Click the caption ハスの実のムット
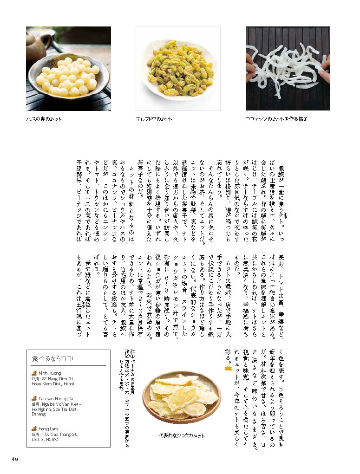(44, 119)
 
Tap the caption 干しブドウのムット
(154, 119)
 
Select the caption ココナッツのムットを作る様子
(276, 119)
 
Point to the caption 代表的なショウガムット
(181, 436)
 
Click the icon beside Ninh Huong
(34, 373)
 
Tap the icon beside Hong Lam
(34, 429)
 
